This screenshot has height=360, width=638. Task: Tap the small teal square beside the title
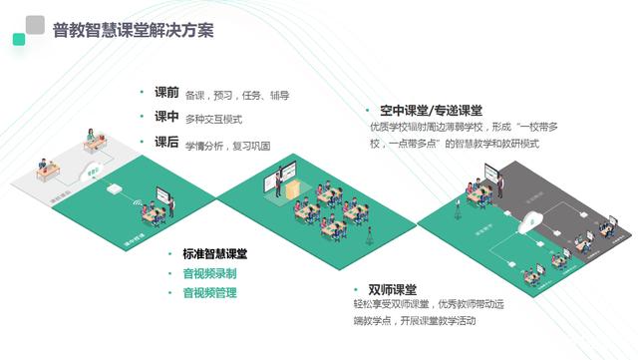tap(18, 40)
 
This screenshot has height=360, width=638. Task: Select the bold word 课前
tap(166, 93)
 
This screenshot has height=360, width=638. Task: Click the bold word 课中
tap(166, 118)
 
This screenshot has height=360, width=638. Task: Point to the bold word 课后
tap(166, 143)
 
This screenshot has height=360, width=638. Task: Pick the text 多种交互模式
tap(213, 120)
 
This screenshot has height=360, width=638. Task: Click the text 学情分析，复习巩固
tap(227, 145)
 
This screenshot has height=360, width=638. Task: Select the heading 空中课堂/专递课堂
tap(431, 111)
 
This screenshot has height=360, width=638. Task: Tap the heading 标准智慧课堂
tap(215, 254)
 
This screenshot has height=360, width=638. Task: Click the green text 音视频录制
tap(209, 273)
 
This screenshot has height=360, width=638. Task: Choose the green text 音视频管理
tap(209, 293)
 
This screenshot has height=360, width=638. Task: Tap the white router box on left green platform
tap(116, 186)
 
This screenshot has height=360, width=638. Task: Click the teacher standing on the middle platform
tap(269, 185)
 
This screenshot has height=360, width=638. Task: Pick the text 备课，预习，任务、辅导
tap(237, 96)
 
